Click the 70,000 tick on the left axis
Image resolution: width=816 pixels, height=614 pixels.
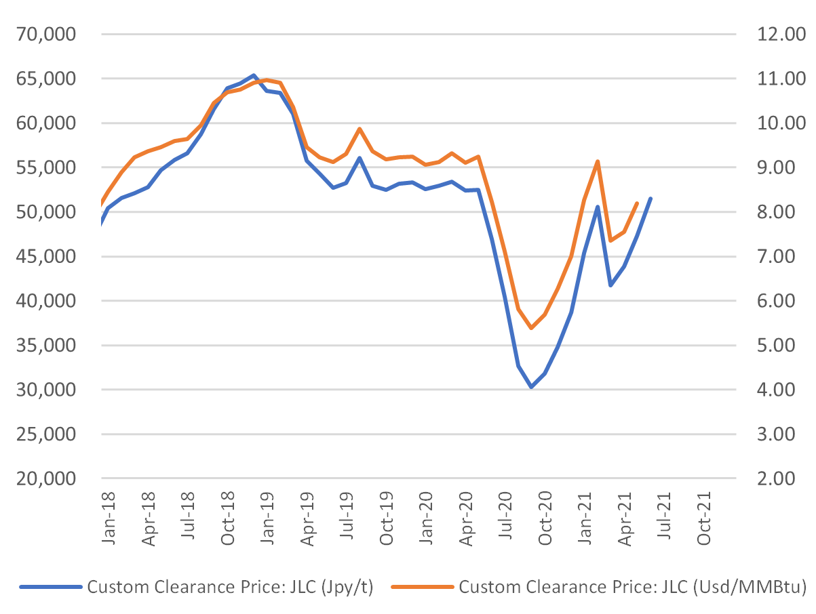(x=47, y=35)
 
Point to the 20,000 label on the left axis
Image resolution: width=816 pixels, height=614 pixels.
(x=47, y=479)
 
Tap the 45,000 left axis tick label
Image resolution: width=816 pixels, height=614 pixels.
(x=47, y=257)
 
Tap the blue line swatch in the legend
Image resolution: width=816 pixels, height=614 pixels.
(x=50, y=588)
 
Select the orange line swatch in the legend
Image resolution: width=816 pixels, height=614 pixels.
(x=422, y=588)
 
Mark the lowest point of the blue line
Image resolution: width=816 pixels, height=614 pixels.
(x=531, y=387)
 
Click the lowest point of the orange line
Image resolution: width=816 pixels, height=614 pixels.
(x=531, y=328)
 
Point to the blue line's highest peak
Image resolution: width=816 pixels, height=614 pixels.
(x=253, y=75)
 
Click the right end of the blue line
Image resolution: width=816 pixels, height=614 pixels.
(x=651, y=198)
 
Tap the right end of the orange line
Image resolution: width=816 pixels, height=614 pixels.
(x=637, y=203)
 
